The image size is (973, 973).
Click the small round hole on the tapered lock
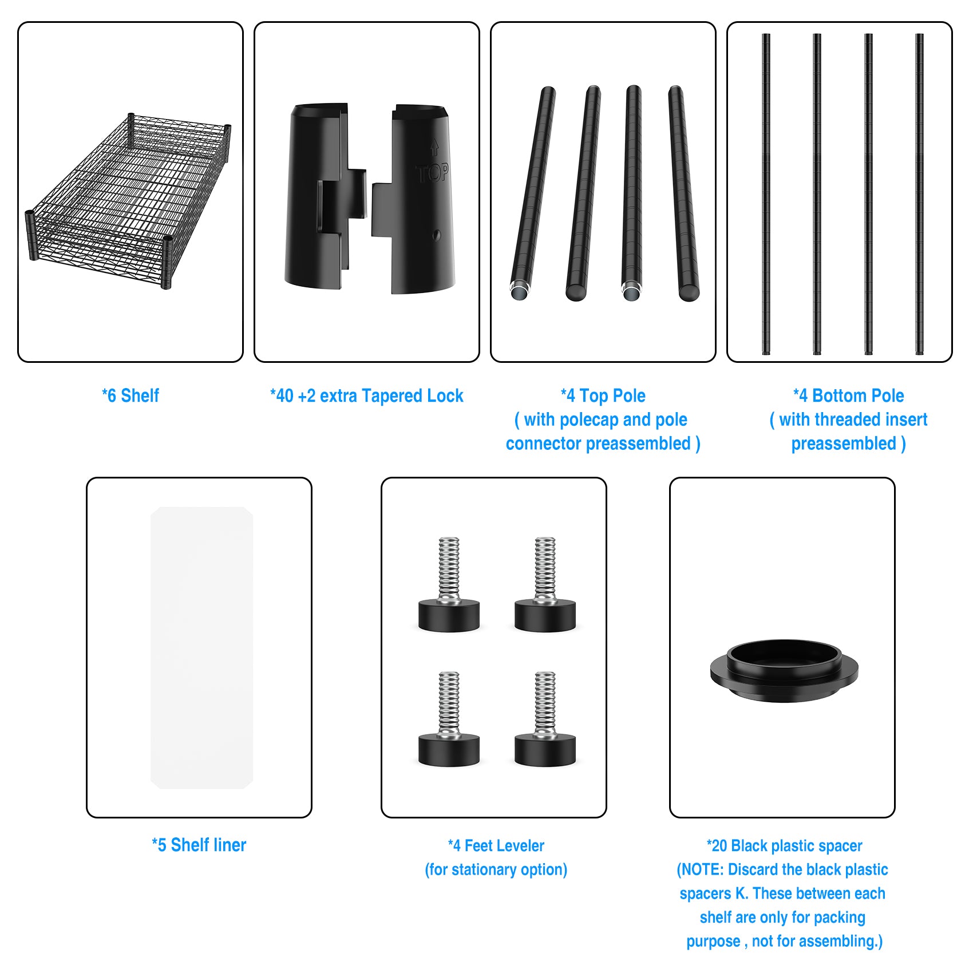[x=437, y=235]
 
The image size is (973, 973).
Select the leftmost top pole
[x=533, y=193]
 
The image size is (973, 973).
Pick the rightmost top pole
[x=683, y=193]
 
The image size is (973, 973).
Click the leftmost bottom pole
[x=766, y=194]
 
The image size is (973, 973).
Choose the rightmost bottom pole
[x=919, y=194]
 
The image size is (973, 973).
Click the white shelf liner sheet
[x=201, y=647]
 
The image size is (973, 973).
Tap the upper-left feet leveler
[x=449, y=584]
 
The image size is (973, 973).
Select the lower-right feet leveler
[x=545, y=719]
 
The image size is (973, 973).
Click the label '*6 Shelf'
[x=130, y=395]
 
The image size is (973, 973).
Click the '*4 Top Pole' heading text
[x=603, y=395]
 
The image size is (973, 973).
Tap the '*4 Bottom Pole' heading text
[x=849, y=395]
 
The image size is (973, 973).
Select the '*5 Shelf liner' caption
[x=199, y=845]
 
